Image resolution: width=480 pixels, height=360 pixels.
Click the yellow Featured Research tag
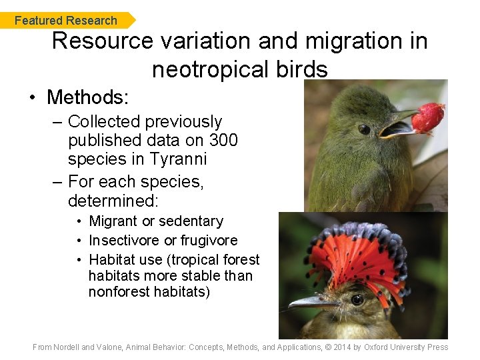click(x=67, y=21)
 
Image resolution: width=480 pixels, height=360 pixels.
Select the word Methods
click(x=87, y=97)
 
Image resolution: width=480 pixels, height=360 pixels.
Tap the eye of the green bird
click(x=364, y=129)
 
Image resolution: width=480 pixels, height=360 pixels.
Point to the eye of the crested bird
click(x=357, y=299)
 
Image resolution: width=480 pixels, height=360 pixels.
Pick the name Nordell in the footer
click(x=67, y=347)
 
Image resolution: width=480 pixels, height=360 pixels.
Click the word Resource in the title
click(x=101, y=41)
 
